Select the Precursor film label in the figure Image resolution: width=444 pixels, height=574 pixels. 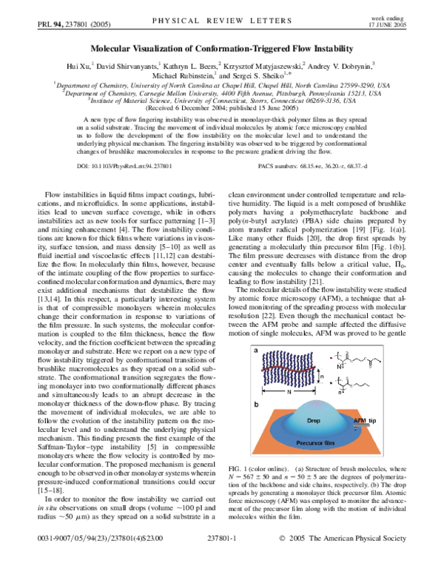(315, 445)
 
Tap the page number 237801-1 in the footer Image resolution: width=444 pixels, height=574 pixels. (222, 561)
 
